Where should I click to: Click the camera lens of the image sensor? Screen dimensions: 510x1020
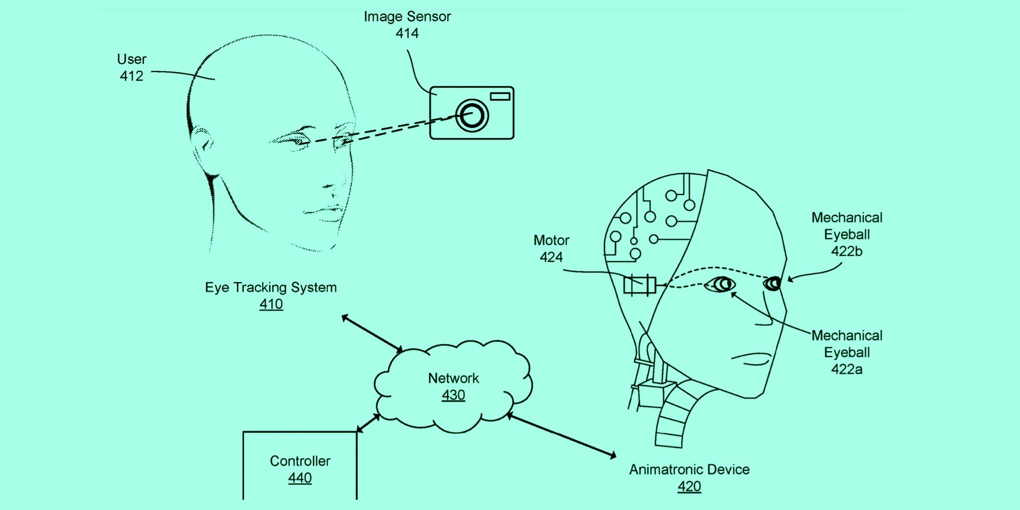tap(472, 115)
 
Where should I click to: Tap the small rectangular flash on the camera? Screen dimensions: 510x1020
tap(500, 96)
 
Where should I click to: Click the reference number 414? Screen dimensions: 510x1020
tap(407, 33)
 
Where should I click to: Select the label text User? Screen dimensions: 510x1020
tap(132, 59)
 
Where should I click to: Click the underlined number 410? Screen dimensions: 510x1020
tap(271, 304)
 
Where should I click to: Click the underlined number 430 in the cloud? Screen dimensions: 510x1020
tap(453, 395)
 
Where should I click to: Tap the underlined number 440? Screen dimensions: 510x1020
tap(300, 478)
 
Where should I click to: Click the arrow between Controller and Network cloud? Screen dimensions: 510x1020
tap(369, 423)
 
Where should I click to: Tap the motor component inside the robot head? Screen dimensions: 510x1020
tap(639, 285)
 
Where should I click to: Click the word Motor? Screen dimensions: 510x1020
tap(551, 240)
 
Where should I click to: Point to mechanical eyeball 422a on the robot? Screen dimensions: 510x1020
tap(721, 284)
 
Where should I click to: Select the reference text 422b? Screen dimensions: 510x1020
tap(846, 251)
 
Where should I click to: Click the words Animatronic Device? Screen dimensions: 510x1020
tap(689, 470)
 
